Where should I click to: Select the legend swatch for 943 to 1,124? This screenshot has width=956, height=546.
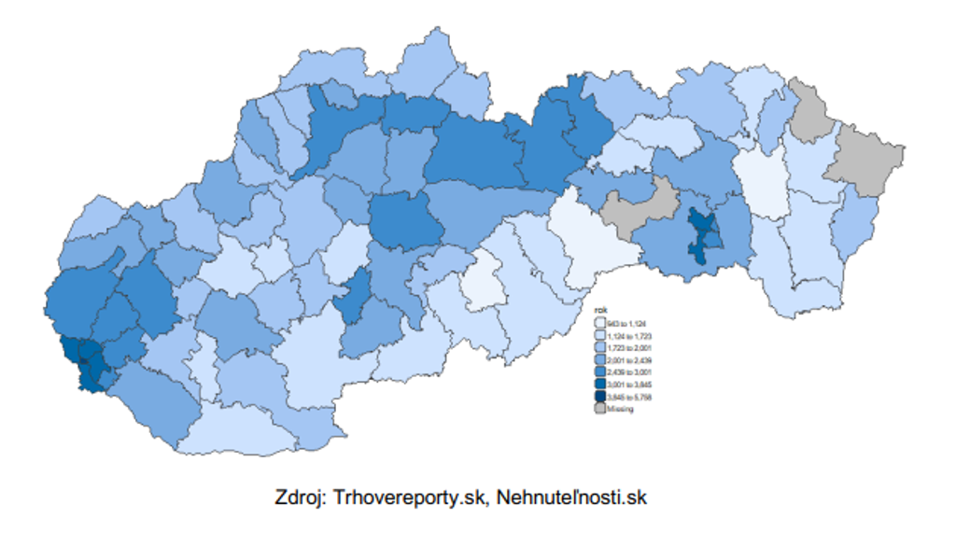pos(600,322)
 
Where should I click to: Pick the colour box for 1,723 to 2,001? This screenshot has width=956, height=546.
pos(600,346)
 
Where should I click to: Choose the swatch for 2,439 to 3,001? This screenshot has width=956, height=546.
pos(600,371)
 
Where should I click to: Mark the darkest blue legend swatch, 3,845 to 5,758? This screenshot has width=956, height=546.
pos(600,397)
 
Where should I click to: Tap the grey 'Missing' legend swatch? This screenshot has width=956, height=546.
pos(600,409)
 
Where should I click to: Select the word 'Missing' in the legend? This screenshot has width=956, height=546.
pos(620,409)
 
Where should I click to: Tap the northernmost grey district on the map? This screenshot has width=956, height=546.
pos(809,110)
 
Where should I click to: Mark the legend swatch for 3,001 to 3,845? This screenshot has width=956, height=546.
pos(600,384)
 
